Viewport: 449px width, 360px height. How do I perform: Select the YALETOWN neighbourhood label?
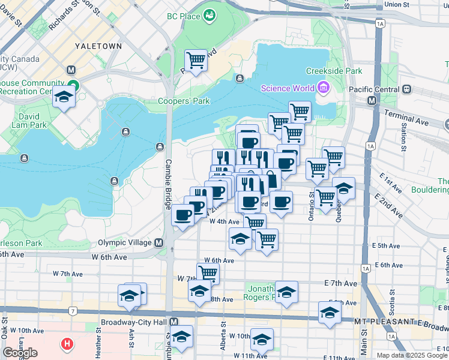point(98,46)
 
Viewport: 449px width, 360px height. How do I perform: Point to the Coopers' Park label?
point(184,101)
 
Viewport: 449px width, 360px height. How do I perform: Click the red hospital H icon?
point(68,345)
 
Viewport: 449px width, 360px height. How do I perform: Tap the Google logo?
point(20,352)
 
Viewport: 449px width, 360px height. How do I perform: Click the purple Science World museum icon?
point(324,89)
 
